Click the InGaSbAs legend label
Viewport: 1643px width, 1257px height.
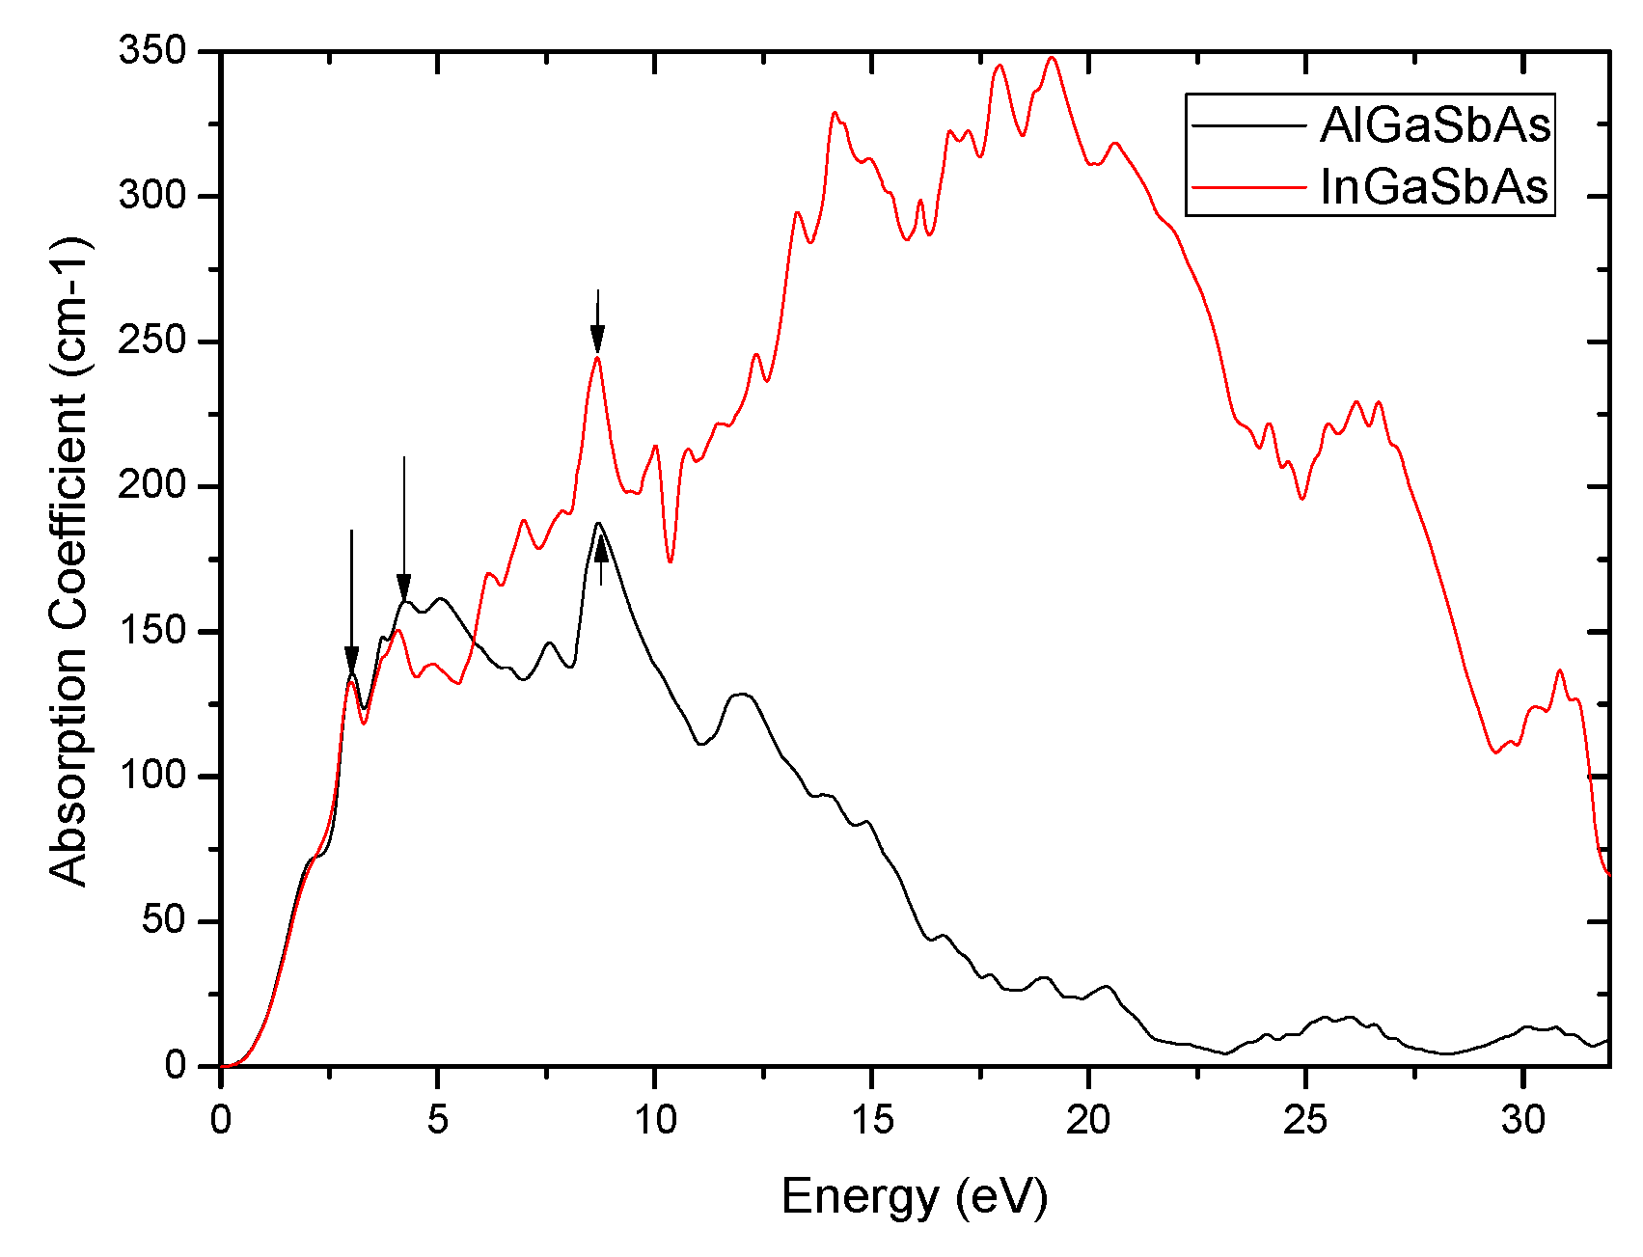pyautogui.click(x=1435, y=186)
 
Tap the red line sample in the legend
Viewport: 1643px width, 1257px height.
pyautogui.click(x=1248, y=187)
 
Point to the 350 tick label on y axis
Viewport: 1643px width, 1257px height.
pyautogui.click(x=151, y=50)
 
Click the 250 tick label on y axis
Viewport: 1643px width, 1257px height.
pyautogui.click(x=151, y=341)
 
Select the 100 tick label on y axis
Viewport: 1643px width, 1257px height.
pyautogui.click(x=151, y=776)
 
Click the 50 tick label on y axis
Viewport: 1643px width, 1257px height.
pyautogui.click(x=163, y=920)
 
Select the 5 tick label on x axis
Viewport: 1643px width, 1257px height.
pyautogui.click(x=437, y=1120)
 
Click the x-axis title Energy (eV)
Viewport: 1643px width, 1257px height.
pyautogui.click(x=914, y=1196)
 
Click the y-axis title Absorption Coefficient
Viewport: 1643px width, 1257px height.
pyautogui.click(x=68, y=560)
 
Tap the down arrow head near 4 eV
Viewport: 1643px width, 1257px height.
pyautogui.click(x=403, y=587)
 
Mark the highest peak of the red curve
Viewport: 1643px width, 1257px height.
pyautogui.click(x=1052, y=58)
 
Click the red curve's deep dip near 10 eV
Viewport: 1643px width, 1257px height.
pyautogui.click(x=670, y=560)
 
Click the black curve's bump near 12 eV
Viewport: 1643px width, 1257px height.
pyautogui.click(x=741, y=694)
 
